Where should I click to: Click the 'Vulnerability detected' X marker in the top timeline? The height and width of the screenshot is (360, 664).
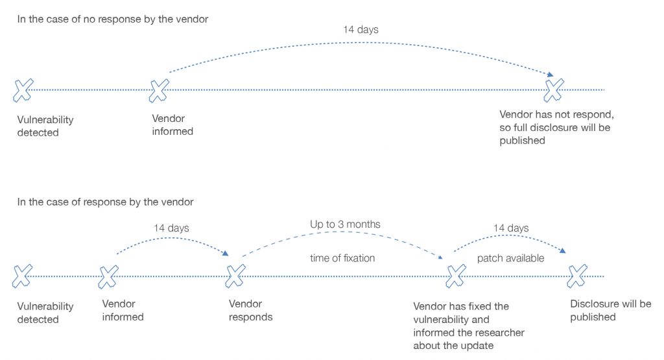pyautogui.click(x=23, y=90)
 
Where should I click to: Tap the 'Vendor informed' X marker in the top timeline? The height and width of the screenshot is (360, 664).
pyautogui.click(x=159, y=90)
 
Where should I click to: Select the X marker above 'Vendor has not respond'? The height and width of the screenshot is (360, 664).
pyautogui.click(x=554, y=90)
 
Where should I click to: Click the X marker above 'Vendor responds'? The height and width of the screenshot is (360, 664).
pyautogui.click(x=235, y=276)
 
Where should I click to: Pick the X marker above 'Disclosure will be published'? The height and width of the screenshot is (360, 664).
pyautogui.click(x=576, y=276)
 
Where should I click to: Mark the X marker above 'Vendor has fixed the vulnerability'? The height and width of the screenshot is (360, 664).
pyautogui.click(x=456, y=276)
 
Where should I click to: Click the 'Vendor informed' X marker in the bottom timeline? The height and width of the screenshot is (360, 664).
pyautogui.click(x=108, y=276)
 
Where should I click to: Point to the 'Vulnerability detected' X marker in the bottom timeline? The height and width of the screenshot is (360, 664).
pyautogui.click(x=23, y=276)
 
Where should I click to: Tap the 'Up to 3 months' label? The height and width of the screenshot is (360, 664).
pyautogui.click(x=345, y=224)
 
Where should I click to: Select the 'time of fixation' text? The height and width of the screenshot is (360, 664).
pyautogui.click(x=343, y=258)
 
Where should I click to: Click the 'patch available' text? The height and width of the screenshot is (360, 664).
pyautogui.click(x=510, y=258)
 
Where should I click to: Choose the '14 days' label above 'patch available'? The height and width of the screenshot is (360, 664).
pyautogui.click(x=511, y=228)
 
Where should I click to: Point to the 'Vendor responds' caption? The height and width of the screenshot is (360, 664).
pyautogui.click(x=251, y=311)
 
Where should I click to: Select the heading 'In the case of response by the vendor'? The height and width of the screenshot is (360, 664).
pyautogui.click(x=105, y=202)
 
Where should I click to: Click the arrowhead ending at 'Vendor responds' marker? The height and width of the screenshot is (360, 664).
pyautogui.click(x=228, y=255)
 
